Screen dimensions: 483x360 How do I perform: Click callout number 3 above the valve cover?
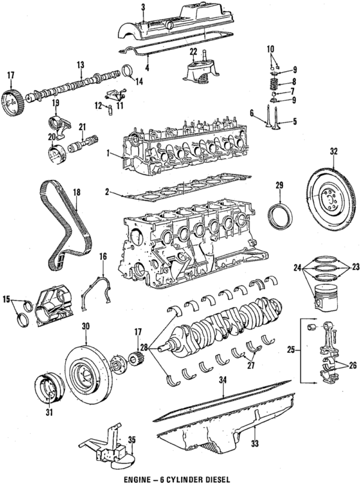[x=143, y=7]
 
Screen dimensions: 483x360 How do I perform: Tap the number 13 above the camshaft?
[x=79, y=64]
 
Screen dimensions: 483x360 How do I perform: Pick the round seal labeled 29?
[x=280, y=216]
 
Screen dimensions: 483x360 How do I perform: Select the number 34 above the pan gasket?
[x=223, y=379]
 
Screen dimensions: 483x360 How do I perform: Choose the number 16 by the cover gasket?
[x=103, y=257]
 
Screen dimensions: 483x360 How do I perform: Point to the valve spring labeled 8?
[x=272, y=82]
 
